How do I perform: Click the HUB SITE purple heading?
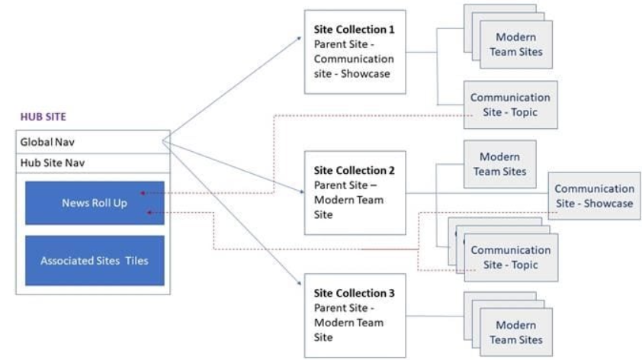tap(43, 117)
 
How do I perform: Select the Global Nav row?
tap(92, 142)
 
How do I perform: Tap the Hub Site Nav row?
tap(92, 162)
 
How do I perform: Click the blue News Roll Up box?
tap(95, 203)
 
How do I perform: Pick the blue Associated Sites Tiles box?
tap(95, 261)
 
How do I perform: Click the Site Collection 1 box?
tap(355, 52)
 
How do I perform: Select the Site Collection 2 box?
tap(355, 192)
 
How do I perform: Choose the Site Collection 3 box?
tap(355, 315)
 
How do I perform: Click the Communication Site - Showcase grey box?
tap(594, 196)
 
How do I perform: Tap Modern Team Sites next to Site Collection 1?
tap(515, 44)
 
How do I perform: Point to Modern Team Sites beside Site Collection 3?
tap(515, 333)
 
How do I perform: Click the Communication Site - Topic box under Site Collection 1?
tap(509, 104)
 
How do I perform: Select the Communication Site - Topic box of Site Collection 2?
tap(509, 257)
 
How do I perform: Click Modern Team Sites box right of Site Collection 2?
tap(499, 164)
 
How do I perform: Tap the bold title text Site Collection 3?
tap(354, 293)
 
